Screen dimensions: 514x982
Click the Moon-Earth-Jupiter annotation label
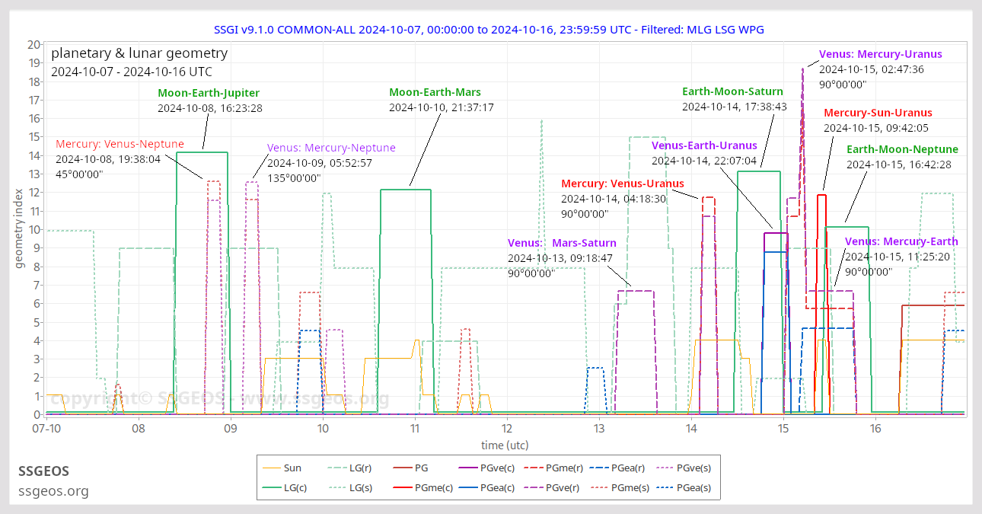point(209,93)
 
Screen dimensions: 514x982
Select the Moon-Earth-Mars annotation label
point(435,92)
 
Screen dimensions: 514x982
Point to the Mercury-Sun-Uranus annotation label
point(878,113)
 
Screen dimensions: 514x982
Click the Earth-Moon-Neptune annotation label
point(902,149)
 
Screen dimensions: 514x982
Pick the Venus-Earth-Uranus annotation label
point(704,145)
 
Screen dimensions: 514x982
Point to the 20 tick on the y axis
point(33,45)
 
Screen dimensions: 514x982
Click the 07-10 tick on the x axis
point(46,429)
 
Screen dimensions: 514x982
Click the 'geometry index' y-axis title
point(19,229)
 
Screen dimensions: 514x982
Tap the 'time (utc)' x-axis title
point(505,445)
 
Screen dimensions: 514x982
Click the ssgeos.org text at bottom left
point(53,491)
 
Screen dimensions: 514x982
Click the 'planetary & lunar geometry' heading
point(139,53)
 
